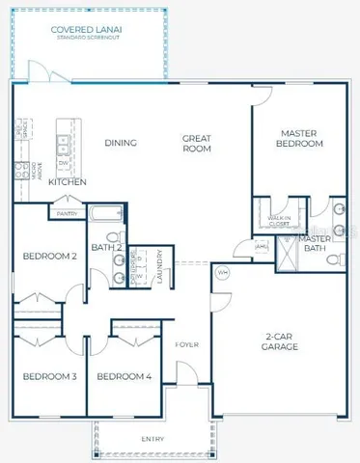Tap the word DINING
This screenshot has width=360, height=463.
coord(121,144)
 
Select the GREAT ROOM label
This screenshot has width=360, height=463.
coord(197,144)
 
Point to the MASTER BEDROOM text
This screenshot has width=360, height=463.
coord(300,138)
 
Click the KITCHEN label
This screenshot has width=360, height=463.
coord(69,181)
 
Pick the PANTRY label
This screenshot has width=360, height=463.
coord(68,213)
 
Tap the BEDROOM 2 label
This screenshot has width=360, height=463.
coord(50,257)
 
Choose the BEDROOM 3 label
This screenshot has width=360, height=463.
coord(50,375)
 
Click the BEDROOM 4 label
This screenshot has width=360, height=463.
coord(124,375)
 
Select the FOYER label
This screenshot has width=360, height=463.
coord(186,344)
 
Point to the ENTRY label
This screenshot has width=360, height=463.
coord(152,439)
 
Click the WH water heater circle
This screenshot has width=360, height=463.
coord(221,271)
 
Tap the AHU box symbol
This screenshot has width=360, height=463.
coord(261,246)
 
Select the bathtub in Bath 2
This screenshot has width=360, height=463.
coord(103,212)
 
